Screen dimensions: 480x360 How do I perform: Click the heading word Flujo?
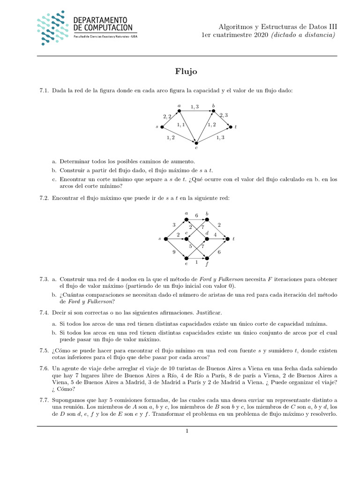pos(187,72)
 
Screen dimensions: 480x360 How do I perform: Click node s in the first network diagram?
pos(162,127)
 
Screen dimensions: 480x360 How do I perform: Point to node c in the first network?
pos(197,142)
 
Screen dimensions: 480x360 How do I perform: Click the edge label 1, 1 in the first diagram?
pos(181,125)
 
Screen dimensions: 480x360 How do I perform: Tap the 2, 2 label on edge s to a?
pos(167,116)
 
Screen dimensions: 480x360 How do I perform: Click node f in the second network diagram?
pos(207,257)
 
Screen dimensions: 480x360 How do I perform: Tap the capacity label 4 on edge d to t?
pos(215,234)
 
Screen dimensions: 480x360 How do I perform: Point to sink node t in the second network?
pos(228,239)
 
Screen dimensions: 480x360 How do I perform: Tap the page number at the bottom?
pos(187,432)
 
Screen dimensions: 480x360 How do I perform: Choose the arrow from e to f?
pos(196,257)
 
